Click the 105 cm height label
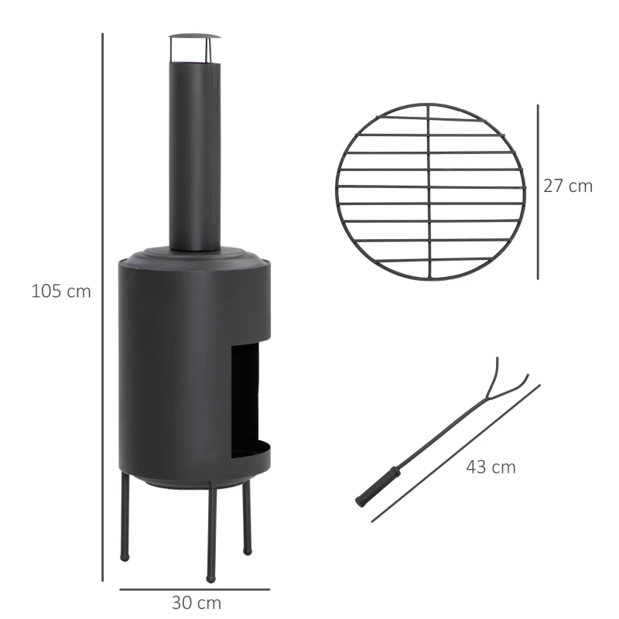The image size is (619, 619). (x=61, y=292)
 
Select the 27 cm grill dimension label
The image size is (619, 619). (x=567, y=186)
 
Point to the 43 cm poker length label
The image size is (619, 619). (x=491, y=467)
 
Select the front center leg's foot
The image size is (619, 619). (x=210, y=576)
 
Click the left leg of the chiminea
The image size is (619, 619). (x=124, y=518)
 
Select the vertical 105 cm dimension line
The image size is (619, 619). (x=103, y=309)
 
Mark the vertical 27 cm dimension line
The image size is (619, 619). (x=538, y=191)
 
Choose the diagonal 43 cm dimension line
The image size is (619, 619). (x=457, y=453)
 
